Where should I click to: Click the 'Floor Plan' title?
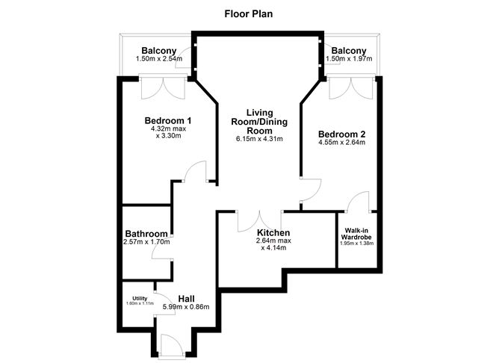[250, 13]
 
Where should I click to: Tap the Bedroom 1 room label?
[168, 121]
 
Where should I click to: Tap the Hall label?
[187, 299]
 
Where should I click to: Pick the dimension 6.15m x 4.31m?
[259, 139]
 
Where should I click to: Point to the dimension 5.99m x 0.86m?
[187, 307]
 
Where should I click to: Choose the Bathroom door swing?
[161, 251]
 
